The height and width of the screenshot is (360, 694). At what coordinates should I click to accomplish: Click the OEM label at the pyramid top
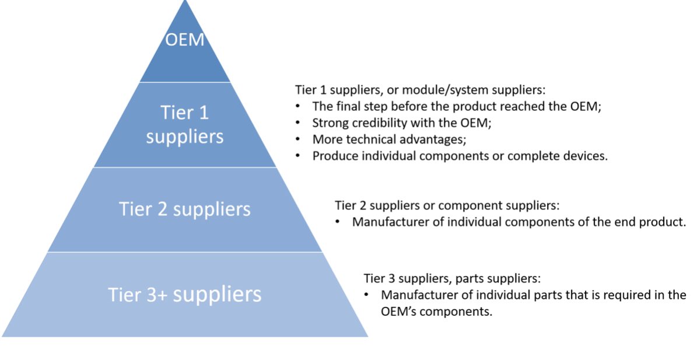[185, 40]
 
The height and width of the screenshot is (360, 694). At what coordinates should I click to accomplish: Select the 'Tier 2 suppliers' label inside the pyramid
[185, 209]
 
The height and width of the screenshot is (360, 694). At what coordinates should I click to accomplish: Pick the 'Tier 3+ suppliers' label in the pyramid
[185, 294]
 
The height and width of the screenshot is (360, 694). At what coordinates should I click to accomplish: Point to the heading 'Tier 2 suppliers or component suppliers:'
[447, 205]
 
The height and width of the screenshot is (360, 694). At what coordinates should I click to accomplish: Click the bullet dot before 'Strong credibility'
[298, 123]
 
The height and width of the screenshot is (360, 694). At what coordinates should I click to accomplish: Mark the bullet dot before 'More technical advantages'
[298, 139]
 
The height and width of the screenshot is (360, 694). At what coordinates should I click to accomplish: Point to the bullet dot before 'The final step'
[298, 107]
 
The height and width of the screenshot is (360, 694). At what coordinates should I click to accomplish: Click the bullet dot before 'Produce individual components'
[298, 156]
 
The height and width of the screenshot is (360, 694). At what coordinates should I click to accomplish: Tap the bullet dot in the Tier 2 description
[338, 222]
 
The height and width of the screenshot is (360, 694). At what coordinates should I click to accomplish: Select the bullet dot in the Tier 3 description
[367, 295]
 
